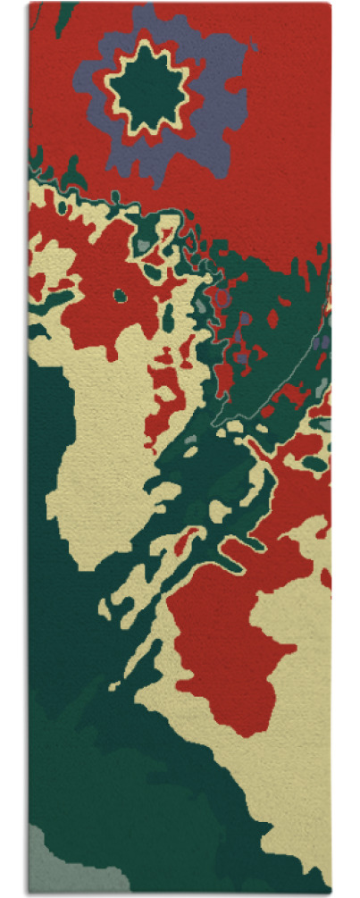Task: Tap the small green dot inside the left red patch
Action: point(119,295)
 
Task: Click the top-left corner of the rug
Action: point(29,4)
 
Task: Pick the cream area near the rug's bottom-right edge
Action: point(304,804)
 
